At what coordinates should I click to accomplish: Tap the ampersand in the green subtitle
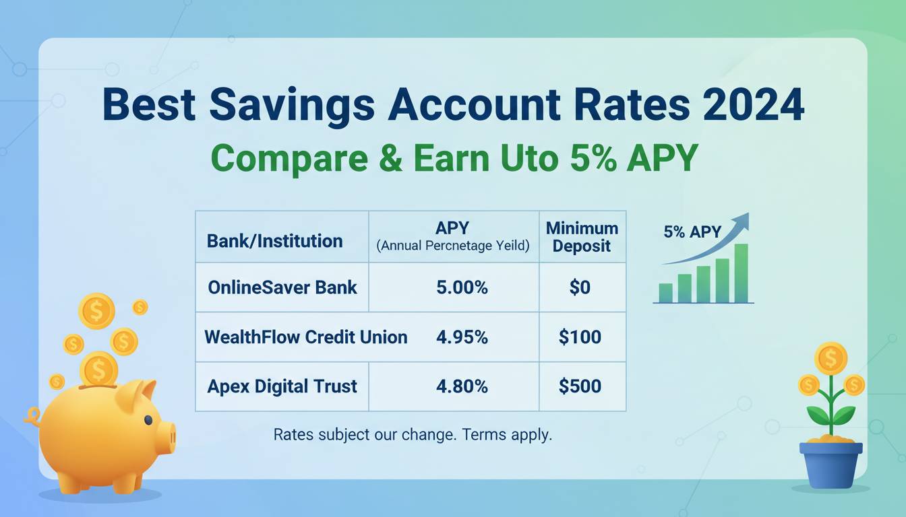tap(391, 158)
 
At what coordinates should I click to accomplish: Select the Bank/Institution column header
tap(274, 241)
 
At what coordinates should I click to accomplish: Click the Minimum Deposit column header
tap(582, 237)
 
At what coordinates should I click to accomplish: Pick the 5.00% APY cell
tap(462, 287)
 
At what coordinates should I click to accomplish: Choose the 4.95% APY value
tap(462, 337)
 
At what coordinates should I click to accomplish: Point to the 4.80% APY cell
tap(462, 386)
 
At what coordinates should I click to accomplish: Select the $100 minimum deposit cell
tap(580, 337)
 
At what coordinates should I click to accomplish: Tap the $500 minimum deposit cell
tap(580, 386)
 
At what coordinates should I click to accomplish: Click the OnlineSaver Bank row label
tap(282, 287)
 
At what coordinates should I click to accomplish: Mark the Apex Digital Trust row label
tap(282, 386)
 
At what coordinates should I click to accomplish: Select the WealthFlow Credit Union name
tap(306, 337)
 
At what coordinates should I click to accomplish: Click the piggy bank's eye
tap(148, 419)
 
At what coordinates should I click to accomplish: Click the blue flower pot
tap(831, 465)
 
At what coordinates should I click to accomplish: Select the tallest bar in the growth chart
tap(741, 273)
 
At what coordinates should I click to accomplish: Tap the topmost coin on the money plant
tap(831, 358)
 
